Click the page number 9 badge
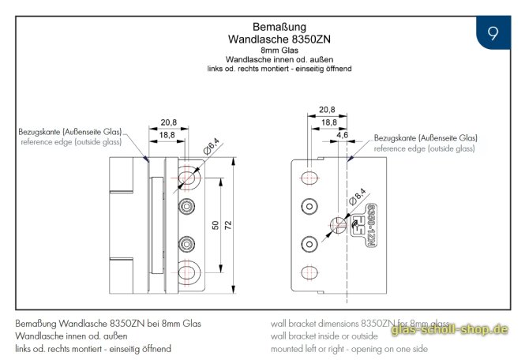pos(493,34)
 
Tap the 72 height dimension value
pos(228,225)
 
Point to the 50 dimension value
pos(216,225)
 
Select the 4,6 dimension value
pos(342,135)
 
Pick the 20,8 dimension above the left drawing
pos(168,122)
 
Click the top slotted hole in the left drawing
pos(189,176)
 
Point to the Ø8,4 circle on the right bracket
pos(337,224)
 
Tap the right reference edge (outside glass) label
pos(424,148)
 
